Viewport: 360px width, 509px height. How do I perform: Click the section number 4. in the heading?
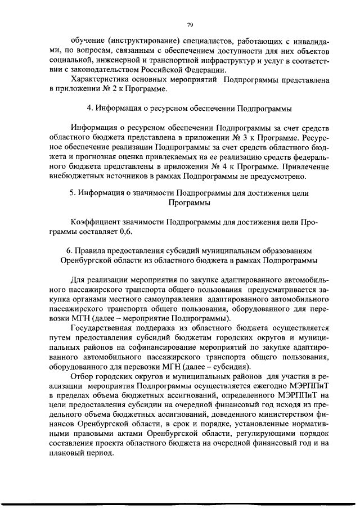tap(89, 108)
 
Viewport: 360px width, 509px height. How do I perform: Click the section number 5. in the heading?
tap(73, 193)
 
